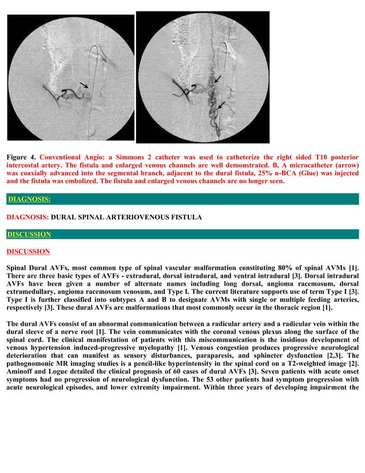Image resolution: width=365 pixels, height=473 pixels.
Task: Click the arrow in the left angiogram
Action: pos(84,85)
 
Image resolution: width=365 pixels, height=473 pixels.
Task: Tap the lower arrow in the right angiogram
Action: pos(221,104)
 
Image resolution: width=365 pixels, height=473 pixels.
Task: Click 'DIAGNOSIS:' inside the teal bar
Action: pos(29,199)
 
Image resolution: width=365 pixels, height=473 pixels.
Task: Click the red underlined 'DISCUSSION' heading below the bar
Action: pos(28,251)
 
